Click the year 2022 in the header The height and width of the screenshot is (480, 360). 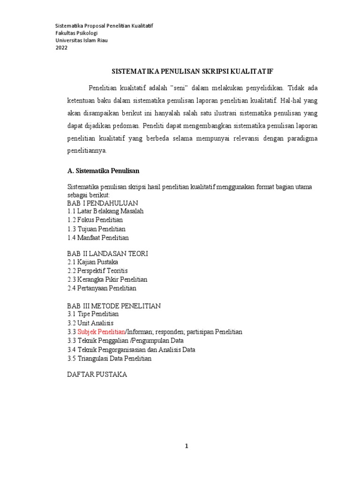(61, 48)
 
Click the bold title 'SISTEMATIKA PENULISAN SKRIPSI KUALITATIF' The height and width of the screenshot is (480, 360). (192, 71)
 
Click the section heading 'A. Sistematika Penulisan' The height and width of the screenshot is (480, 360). (104, 170)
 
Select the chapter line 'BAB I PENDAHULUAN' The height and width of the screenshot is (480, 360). (103, 203)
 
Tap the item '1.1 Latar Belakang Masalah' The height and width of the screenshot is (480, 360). (105, 211)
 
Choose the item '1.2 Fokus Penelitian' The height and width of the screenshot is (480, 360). (95, 220)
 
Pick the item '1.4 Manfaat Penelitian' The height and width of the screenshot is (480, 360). (98, 238)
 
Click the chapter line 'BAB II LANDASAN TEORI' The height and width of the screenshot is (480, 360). (108, 254)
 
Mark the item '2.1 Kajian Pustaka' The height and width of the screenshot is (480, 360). (93, 262)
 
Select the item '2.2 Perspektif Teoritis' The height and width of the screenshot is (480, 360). (97, 271)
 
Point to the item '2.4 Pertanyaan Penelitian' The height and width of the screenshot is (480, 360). (102, 288)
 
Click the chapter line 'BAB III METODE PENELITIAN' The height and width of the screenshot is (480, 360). (114, 306)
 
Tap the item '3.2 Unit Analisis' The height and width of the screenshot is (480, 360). (90, 323)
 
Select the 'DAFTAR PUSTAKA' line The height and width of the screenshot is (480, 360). (97, 375)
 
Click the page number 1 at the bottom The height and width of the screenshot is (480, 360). (187, 447)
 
